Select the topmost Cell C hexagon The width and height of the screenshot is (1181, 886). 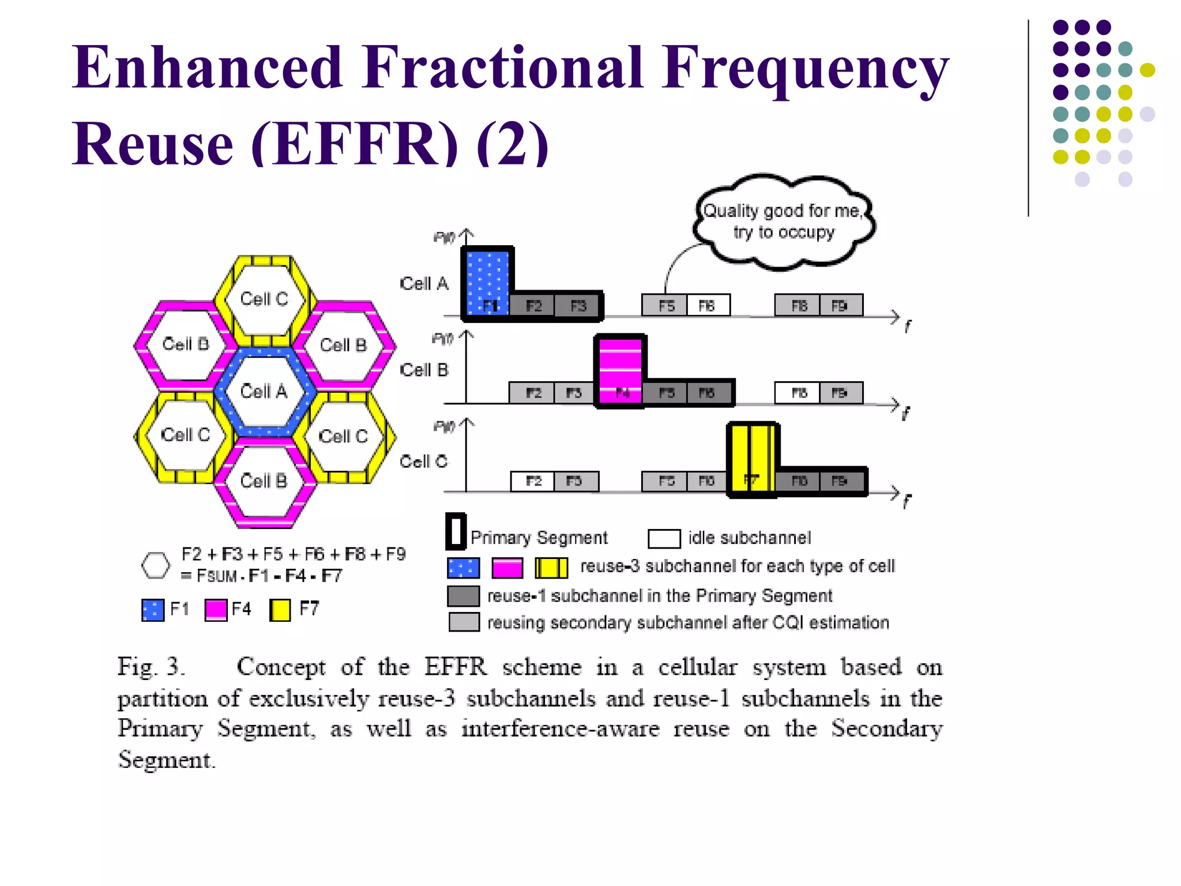point(264,299)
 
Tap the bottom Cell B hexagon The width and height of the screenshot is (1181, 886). point(264,481)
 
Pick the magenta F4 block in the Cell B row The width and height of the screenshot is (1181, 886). point(620,369)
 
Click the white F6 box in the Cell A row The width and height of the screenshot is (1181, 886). point(708,305)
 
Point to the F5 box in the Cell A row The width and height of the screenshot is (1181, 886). point(665,305)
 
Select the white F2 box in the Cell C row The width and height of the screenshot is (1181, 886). point(533,481)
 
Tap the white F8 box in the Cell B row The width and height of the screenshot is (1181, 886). point(797,393)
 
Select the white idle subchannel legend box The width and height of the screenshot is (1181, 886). point(664,538)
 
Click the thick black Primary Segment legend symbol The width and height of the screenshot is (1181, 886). point(456,531)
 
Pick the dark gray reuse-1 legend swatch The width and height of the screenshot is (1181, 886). point(464,596)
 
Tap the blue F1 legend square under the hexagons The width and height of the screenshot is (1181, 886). point(153,610)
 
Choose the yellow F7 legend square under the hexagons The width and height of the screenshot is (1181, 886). point(280,610)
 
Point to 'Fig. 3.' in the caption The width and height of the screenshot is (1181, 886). point(151,667)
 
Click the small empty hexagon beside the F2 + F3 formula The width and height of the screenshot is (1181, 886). point(156,565)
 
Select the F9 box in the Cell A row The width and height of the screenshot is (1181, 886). point(840,305)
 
